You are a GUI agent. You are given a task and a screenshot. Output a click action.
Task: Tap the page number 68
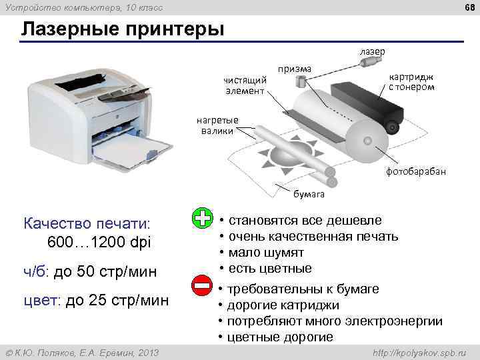tap(466, 7)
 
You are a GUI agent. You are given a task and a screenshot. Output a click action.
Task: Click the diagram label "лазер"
tap(372, 50)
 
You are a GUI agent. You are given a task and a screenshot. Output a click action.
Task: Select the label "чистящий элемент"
tap(244, 85)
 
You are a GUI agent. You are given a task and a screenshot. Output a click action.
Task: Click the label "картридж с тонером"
tap(411, 81)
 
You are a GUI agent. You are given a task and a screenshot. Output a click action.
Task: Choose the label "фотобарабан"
tap(416, 171)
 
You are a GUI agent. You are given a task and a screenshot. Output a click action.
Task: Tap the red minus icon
tap(202, 287)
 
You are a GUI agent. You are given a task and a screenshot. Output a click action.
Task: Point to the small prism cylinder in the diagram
tap(301, 81)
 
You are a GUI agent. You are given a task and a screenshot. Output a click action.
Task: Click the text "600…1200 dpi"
tap(100, 242)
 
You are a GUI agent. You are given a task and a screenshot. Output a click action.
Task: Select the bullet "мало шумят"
tap(266, 253)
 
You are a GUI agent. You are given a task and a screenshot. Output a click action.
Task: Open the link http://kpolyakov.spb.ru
tap(417, 351)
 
